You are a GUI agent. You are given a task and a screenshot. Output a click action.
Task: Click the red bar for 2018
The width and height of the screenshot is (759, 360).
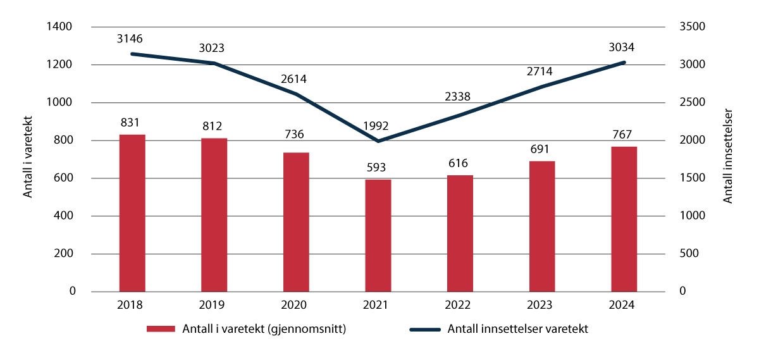coord(132,213)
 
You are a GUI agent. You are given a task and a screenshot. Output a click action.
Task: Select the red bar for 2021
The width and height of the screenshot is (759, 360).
coord(378,235)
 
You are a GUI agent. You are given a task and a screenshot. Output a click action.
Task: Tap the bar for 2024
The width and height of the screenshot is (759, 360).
coord(624,219)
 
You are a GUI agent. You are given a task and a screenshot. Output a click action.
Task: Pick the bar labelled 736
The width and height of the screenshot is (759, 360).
coord(296,222)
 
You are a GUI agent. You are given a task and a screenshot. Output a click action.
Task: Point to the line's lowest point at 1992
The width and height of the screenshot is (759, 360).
coord(378,140)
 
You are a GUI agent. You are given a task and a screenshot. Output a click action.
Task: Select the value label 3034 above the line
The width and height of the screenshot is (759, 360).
coord(622,47)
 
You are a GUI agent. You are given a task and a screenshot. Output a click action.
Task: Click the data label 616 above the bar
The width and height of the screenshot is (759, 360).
coord(460,164)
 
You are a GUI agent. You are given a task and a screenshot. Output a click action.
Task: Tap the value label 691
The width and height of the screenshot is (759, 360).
coord(542,150)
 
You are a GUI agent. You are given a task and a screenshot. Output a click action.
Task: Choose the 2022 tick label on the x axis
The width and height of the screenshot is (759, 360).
coord(460,304)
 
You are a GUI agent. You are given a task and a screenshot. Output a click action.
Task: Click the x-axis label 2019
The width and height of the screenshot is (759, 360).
coord(214,304)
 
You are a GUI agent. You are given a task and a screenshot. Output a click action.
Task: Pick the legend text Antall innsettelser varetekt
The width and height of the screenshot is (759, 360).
coord(517,329)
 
